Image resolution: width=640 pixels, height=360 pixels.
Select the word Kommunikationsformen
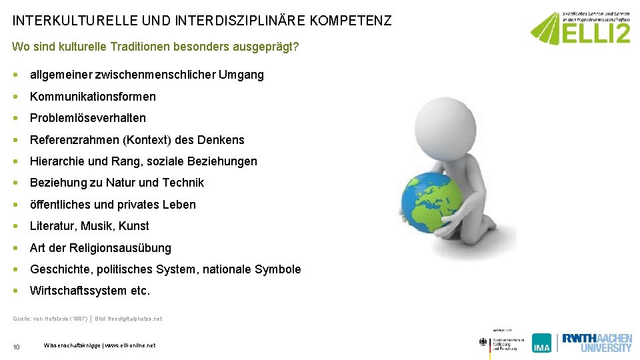[93, 97]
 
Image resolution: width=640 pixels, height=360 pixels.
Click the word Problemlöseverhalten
[88, 118]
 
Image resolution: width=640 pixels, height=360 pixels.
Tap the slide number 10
[17, 346]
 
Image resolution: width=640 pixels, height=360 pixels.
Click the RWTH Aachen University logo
[597, 342]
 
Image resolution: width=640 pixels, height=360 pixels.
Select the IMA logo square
[542, 343]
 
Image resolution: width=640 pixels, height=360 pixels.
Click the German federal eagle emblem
[483, 343]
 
